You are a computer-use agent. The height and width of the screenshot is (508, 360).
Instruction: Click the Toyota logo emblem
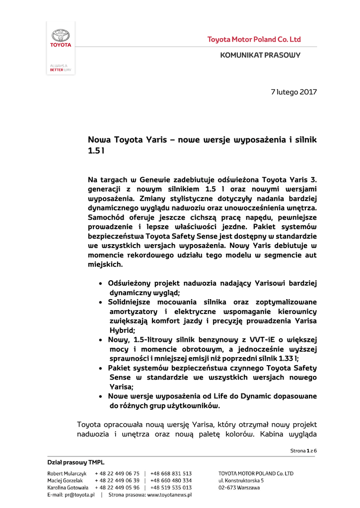point(61,35)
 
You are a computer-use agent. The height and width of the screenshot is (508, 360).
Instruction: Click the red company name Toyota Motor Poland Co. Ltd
point(254,39)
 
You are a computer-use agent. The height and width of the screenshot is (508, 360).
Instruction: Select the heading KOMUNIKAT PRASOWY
point(260,55)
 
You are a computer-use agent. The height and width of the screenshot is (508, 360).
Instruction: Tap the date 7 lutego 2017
point(293,92)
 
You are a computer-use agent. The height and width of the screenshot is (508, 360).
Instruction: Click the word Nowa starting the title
point(99,140)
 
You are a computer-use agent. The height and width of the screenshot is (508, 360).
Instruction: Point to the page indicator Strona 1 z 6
point(303,450)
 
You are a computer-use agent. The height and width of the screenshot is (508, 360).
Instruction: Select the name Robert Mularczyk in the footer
point(67,474)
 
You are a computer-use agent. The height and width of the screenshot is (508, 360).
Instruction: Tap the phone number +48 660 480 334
point(171,481)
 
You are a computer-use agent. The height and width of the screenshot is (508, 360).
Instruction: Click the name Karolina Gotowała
point(69,488)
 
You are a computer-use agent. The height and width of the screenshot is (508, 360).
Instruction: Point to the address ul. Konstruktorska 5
point(241,481)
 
